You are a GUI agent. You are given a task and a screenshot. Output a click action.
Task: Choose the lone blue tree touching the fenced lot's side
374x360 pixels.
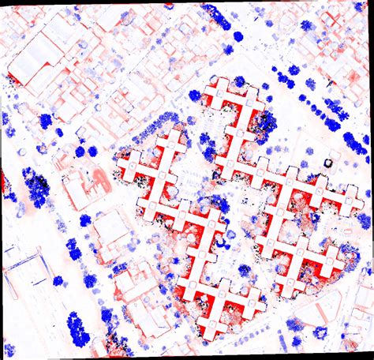pyautogui.click(x=58, y=280)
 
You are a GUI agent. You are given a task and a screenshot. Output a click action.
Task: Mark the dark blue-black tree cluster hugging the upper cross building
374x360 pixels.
pyautogui.click(x=265, y=123)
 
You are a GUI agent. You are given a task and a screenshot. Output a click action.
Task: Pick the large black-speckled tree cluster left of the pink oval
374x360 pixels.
pyautogui.click(x=36, y=186)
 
